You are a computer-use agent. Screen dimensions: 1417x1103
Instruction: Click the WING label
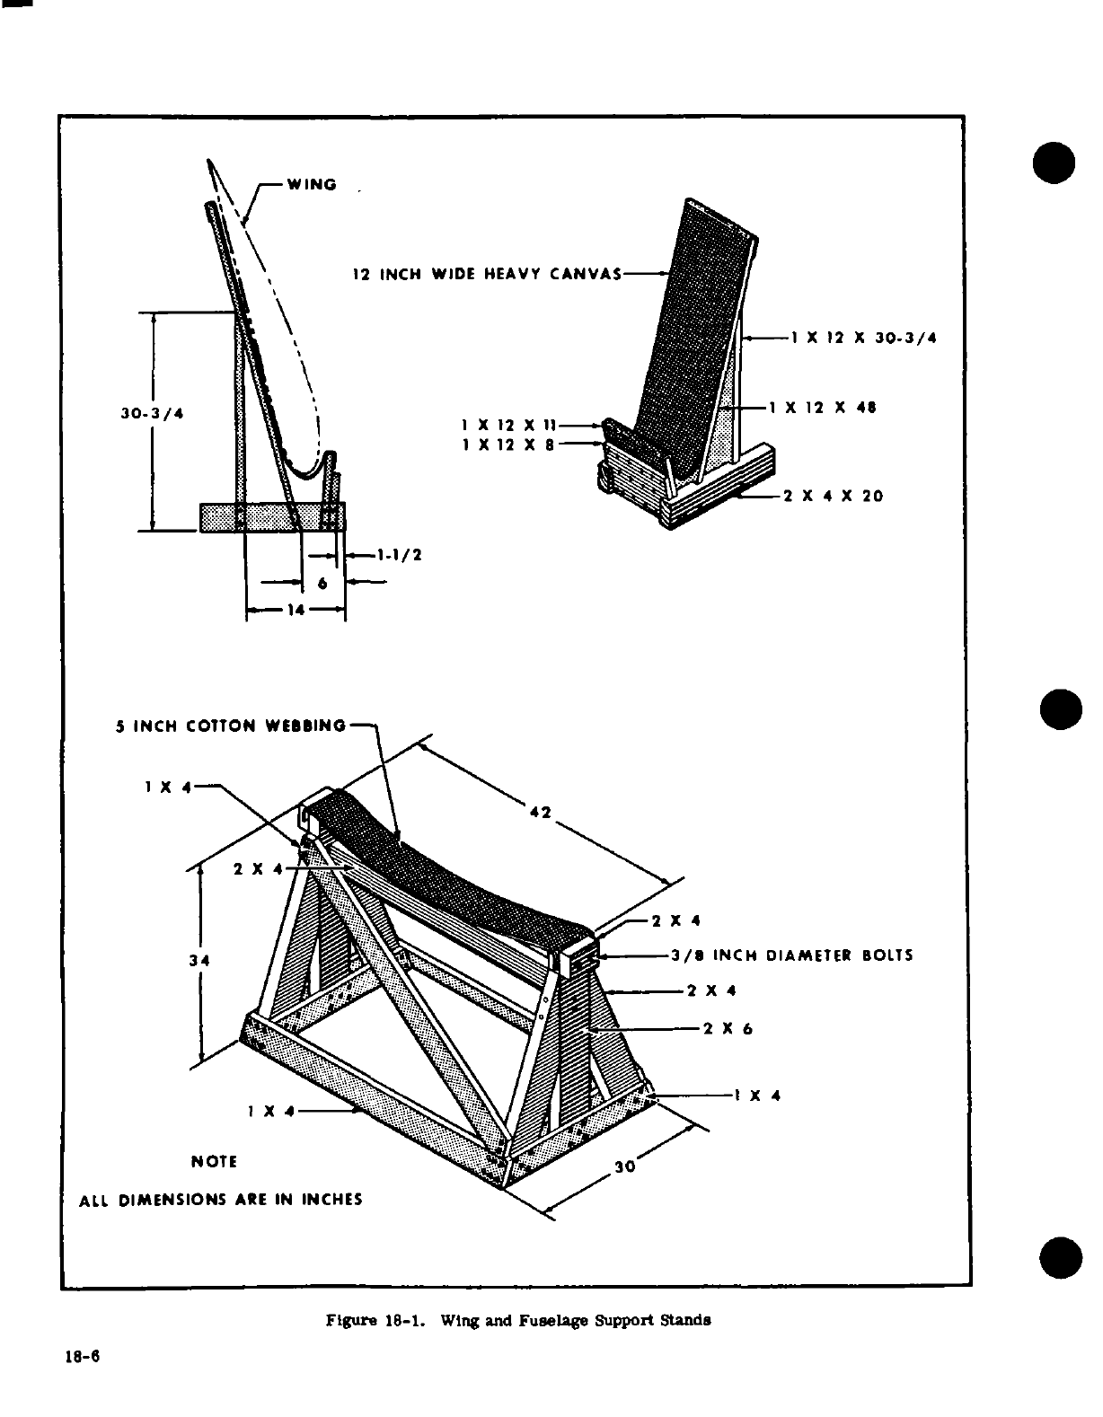click(312, 185)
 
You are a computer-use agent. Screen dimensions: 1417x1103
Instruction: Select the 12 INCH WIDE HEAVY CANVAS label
click(486, 274)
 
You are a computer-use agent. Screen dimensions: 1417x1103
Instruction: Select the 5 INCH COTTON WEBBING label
click(231, 725)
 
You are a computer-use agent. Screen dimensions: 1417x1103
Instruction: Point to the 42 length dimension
click(540, 814)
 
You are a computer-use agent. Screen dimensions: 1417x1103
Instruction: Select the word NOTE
click(214, 1162)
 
